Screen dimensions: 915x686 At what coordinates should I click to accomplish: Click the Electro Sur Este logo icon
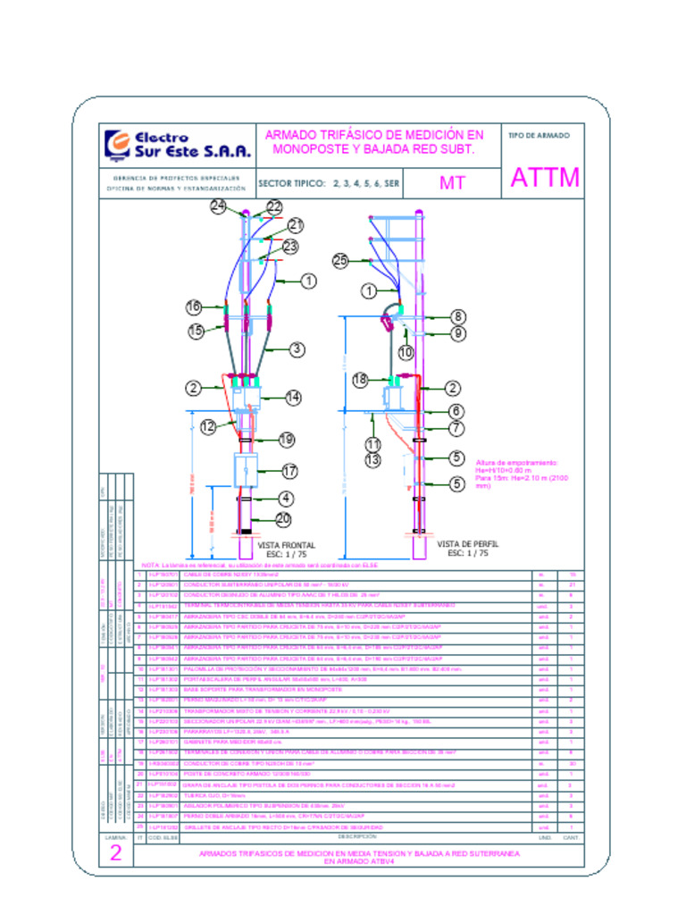tap(117, 144)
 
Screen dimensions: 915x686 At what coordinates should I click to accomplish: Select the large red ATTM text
tap(545, 178)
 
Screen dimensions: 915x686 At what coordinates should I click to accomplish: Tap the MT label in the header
tap(453, 183)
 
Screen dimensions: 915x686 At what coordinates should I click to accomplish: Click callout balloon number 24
tap(219, 206)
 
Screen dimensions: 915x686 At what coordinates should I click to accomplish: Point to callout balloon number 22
tap(274, 206)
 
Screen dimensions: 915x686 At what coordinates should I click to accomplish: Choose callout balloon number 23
tap(290, 246)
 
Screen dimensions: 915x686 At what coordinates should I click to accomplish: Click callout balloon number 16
tap(194, 307)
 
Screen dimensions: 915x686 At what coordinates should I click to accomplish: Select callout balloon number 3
tap(297, 349)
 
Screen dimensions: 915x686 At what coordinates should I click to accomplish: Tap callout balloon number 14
tap(293, 397)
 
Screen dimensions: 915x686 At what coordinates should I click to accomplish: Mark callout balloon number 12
tap(208, 427)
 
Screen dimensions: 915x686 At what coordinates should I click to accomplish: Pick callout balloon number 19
tap(286, 440)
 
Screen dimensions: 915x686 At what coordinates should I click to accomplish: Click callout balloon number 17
tap(289, 470)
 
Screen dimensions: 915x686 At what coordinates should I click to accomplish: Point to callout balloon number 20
tap(283, 518)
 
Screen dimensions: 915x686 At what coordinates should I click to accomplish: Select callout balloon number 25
tap(339, 261)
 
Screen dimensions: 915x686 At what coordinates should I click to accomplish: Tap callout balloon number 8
tap(458, 316)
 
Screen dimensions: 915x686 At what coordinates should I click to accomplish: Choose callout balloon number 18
tap(360, 380)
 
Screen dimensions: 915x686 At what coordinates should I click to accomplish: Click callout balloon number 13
tap(372, 460)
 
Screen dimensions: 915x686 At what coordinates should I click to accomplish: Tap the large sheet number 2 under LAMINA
tap(115, 853)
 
